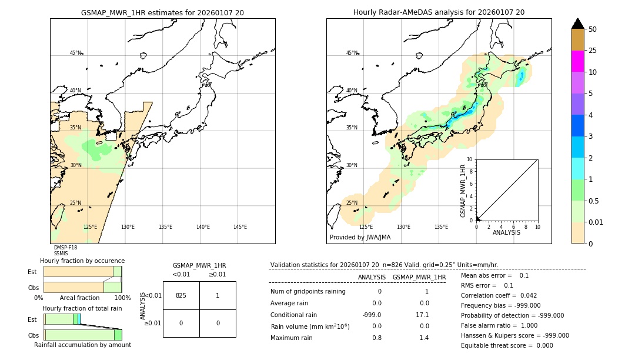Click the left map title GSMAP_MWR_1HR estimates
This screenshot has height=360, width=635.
(x=162, y=12)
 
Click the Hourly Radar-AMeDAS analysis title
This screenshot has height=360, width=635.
(x=439, y=12)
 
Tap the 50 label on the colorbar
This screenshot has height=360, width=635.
(x=593, y=29)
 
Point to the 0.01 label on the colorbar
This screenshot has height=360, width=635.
(x=596, y=222)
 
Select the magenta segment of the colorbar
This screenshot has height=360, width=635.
(x=577, y=61)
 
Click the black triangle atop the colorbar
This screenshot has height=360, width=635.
(x=577, y=24)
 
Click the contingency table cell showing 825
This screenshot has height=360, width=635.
(x=181, y=295)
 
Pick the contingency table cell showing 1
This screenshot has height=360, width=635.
(x=218, y=295)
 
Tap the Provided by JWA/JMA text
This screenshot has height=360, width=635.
(x=360, y=237)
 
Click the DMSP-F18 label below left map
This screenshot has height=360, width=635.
(x=65, y=248)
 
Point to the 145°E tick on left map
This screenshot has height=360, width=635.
(x=240, y=227)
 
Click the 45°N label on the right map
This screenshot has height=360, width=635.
(x=352, y=53)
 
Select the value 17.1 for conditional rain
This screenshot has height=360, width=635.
(x=423, y=315)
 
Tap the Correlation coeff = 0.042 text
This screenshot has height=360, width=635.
(x=499, y=295)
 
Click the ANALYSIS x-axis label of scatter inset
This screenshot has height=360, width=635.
(x=506, y=232)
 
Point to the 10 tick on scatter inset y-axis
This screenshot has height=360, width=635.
(x=470, y=159)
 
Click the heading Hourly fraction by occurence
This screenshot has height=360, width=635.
(x=82, y=261)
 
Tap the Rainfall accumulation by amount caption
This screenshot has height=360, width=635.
(x=82, y=345)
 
